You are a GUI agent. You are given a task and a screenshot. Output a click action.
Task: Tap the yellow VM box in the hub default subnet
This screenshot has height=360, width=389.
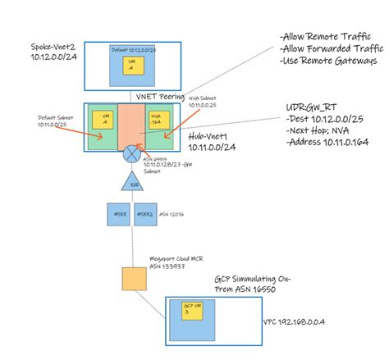[x=103, y=121]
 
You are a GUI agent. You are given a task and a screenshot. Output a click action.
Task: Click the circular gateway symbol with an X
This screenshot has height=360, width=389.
[x=129, y=153]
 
